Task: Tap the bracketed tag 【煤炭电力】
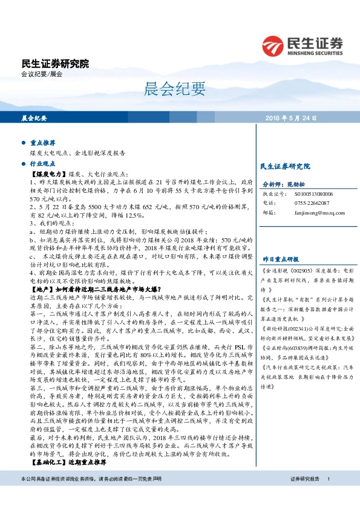(x=48, y=173)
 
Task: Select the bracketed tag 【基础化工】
(x=48, y=462)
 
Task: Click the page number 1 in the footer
(x=328, y=495)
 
